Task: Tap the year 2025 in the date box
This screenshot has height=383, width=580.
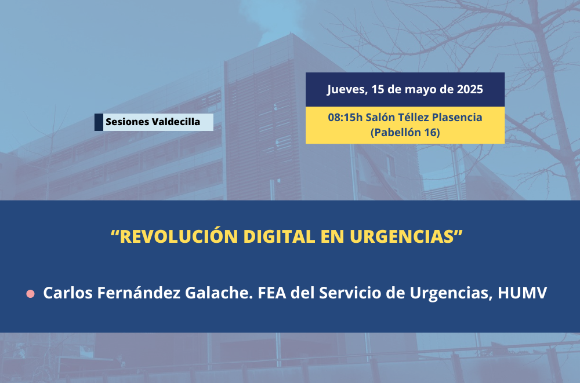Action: coord(470,89)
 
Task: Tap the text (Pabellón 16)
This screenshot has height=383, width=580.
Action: coord(405,132)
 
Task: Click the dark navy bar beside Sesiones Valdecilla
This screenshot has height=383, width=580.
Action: coord(99,122)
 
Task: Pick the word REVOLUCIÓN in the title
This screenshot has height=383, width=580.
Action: coord(179,236)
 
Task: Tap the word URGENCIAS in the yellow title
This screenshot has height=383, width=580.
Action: coord(402,236)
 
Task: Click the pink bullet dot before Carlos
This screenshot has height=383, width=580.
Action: coord(30,294)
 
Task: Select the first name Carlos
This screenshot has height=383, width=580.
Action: coord(68,293)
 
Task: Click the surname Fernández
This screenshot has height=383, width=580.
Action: coord(139,293)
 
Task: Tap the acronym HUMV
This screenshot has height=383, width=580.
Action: coord(523,293)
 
